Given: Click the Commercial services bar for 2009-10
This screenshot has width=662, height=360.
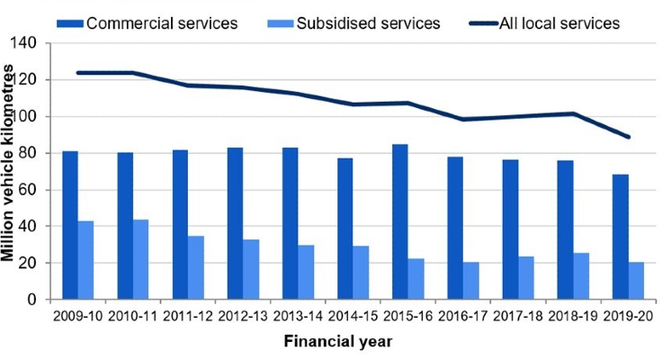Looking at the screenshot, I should click(x=70, y=225).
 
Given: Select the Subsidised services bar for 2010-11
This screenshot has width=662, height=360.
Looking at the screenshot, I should click(x=141, y=259).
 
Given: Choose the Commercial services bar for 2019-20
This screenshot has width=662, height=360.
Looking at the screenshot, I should click(x=621, y=237).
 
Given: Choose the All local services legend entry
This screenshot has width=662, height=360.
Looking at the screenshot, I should click(x=559, y=23).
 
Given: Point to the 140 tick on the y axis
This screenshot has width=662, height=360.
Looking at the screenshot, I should click(x=32, y=43).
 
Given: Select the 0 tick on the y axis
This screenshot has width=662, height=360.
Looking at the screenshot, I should click(x=40, y=300).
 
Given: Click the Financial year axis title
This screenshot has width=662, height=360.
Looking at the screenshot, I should click(x=337, y=342).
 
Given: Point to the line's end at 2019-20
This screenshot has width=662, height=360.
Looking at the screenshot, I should click(x=628, y=137).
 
